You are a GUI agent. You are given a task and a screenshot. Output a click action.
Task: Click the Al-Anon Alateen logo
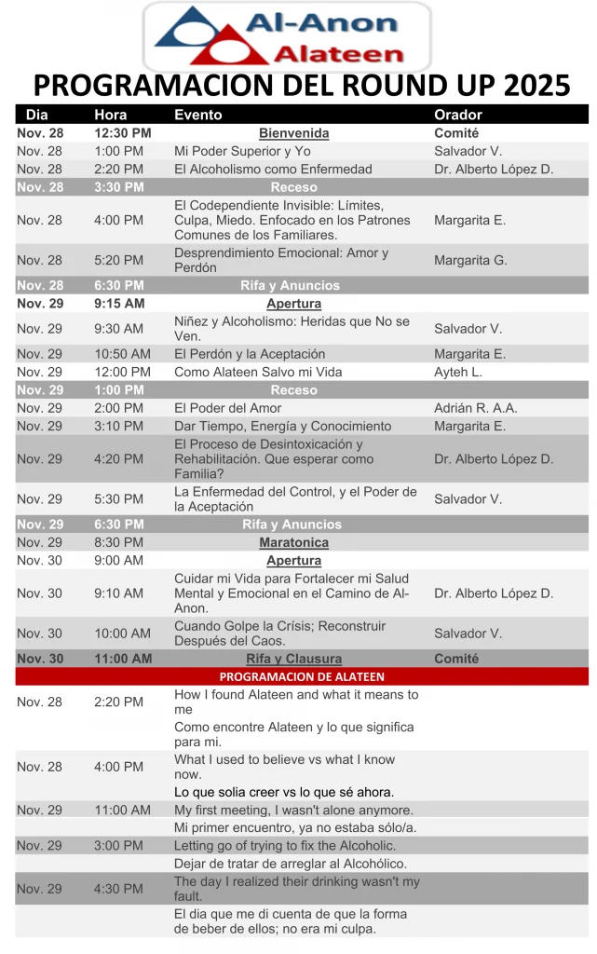286,35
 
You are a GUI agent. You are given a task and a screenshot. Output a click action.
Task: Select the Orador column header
458,115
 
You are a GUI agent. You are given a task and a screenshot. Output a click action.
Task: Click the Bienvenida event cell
293,133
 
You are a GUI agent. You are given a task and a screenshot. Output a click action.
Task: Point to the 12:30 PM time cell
122,133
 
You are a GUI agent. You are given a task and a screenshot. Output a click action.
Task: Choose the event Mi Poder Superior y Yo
242,151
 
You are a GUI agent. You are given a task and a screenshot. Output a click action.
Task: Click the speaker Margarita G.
470,260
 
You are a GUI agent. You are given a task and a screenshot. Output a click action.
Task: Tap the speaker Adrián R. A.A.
475,408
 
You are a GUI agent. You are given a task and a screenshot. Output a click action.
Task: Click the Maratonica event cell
293,542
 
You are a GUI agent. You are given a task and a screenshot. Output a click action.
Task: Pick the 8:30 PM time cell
118,542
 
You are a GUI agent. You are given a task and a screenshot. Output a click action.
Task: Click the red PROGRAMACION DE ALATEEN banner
302,676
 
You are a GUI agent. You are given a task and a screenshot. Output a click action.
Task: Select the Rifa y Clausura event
293,659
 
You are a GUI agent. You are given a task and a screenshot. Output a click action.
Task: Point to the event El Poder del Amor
229,408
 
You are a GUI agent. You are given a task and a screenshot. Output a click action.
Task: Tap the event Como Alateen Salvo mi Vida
258,372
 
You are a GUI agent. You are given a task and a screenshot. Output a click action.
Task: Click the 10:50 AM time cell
122,354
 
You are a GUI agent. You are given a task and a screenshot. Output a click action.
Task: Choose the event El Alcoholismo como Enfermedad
273,169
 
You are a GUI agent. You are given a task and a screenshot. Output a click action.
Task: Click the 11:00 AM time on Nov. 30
122,659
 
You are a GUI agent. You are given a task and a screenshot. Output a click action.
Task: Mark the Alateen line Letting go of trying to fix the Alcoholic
285,845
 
